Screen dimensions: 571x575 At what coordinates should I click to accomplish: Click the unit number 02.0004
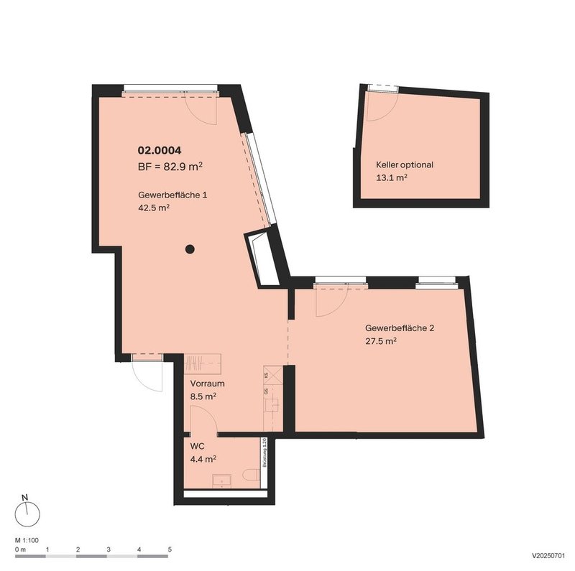click(159, 151)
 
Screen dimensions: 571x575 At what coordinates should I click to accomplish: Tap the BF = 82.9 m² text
click(170, 167)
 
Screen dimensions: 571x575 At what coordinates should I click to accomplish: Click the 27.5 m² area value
click(381, 342)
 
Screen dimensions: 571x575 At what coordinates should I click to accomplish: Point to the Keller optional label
click(405, 164)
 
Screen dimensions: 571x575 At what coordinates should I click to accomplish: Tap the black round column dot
click(190, 249)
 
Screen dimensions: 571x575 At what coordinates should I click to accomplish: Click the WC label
click(197, 446)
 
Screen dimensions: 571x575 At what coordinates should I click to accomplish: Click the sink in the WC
click(220, 480)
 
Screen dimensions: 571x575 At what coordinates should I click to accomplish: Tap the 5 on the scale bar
click(170, 549)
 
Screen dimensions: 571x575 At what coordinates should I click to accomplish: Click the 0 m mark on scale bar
click(20, 549)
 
